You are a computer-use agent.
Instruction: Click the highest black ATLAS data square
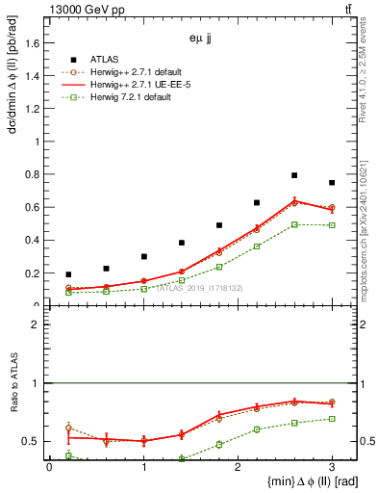[294, 175]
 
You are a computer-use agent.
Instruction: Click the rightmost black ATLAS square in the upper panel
[332, 183]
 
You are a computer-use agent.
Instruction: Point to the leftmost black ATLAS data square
[68, 274]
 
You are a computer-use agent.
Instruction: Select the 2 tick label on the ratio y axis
[37, 324]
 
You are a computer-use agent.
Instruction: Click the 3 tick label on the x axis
[332, 467]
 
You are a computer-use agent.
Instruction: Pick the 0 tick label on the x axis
[49, 467]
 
